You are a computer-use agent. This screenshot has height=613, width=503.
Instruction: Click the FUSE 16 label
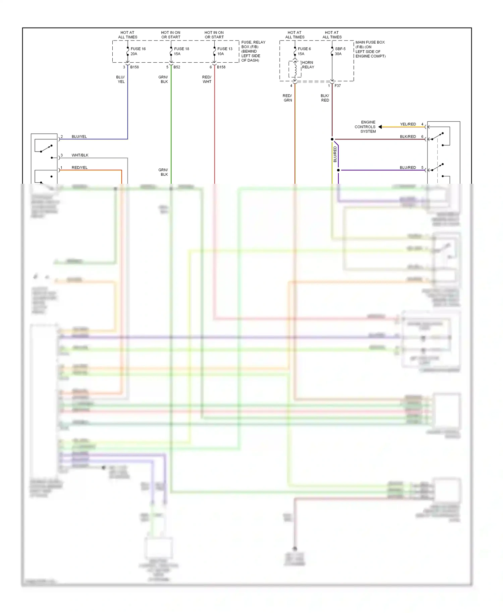point(138,49)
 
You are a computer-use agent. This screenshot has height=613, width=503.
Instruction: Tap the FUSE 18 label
point(181,49)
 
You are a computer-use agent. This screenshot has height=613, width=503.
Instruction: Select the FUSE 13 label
point(225,49)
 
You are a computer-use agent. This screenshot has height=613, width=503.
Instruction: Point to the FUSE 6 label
point(304,49)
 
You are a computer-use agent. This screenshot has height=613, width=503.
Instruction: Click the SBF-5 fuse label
point(340,49)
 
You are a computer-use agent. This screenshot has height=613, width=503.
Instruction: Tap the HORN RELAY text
point(308,65)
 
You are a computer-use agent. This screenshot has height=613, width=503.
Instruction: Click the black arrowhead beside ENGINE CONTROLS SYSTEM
point(380,127)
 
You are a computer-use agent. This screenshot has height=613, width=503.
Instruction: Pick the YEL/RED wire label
point(408,124)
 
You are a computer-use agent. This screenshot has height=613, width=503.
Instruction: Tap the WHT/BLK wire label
point(80,155)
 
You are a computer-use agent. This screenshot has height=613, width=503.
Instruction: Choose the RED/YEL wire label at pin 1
point(79,168)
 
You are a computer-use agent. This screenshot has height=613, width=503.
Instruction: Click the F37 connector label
point(338,86)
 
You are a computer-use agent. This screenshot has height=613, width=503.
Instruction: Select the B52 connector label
point(177,67)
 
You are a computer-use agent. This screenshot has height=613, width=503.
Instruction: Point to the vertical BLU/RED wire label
point(335,154)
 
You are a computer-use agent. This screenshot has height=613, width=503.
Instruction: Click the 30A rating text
point(338,54)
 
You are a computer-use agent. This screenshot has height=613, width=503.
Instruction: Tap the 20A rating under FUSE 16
point(134,54)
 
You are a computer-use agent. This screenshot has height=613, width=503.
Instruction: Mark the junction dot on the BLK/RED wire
point(332,139)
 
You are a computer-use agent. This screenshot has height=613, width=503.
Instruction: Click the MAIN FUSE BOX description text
point(370,49)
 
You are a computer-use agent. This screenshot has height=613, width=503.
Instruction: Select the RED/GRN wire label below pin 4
point(287,98)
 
